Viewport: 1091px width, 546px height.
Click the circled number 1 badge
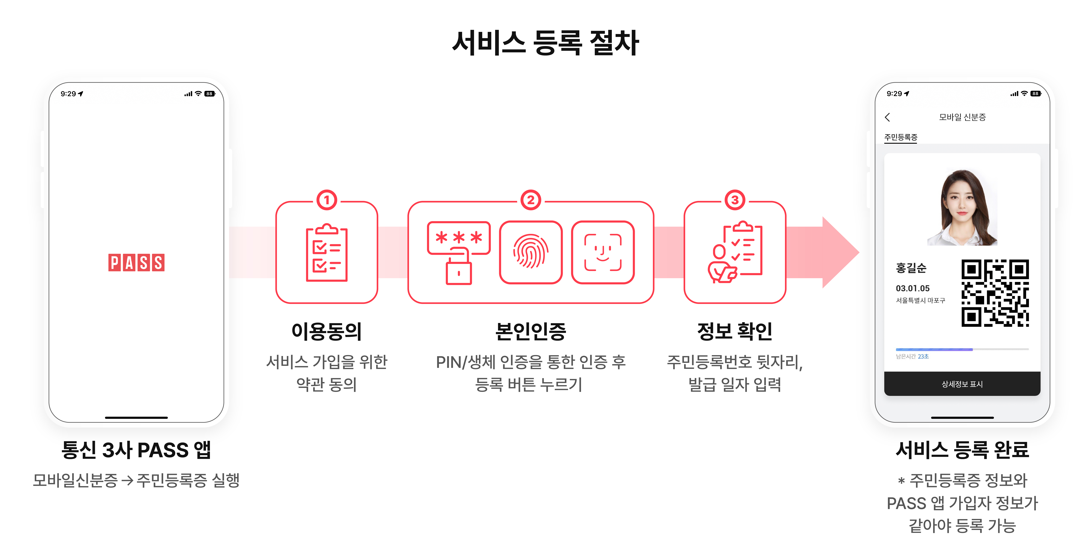[x=327, y=200]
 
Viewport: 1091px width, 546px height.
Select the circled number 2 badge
[x=531, y=200]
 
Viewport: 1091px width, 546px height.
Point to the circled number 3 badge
[x=735, y=200]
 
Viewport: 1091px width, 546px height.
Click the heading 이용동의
[x=327, y=331]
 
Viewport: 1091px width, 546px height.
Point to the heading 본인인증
[x=531, y=331]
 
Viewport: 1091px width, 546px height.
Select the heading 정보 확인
[x=735, y=331]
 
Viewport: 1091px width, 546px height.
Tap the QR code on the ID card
[x=995, y=293]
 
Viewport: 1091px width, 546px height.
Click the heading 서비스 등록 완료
[x=962, y=450]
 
